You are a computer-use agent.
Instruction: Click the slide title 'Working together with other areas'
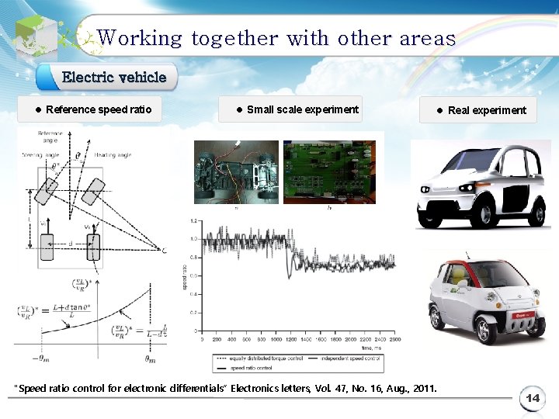(x=276, y=37)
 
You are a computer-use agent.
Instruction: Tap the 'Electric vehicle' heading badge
(x=113, y=77)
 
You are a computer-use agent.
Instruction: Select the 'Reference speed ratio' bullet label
(x=99, y=109)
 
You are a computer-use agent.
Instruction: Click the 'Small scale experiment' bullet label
(x=302, y=109)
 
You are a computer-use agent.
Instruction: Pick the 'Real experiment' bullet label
(x=487, y=110)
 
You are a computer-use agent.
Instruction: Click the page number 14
(x=533, y=398)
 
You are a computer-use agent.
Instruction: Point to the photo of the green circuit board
(x=328, y=171)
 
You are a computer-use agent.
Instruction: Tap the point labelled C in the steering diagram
(x=164, y=250)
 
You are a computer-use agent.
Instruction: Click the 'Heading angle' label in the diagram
(x=113, y=155)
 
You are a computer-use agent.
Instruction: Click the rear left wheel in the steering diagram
(x=47, y=248)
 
